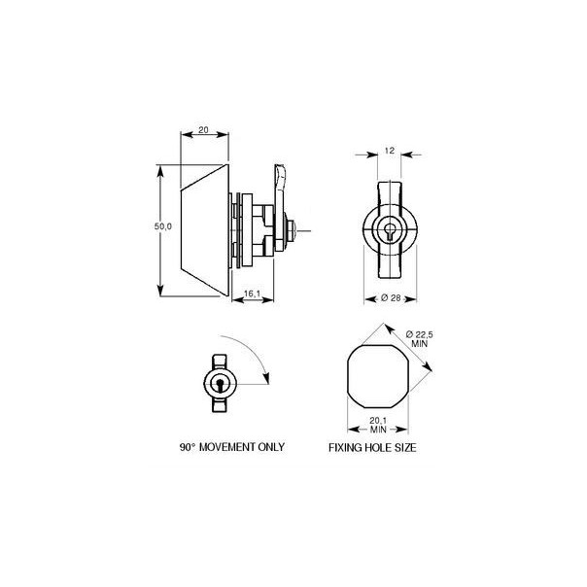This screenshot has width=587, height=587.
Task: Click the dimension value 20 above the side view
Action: coord(203,127)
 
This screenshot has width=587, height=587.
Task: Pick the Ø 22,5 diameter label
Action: coord(417,336)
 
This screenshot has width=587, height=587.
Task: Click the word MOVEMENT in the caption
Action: coord(233,449)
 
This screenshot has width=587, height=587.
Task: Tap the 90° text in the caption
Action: coord(189,449)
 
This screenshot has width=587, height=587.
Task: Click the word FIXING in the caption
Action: coord(348,449)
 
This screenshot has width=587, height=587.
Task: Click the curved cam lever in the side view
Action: coord(279,185)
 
